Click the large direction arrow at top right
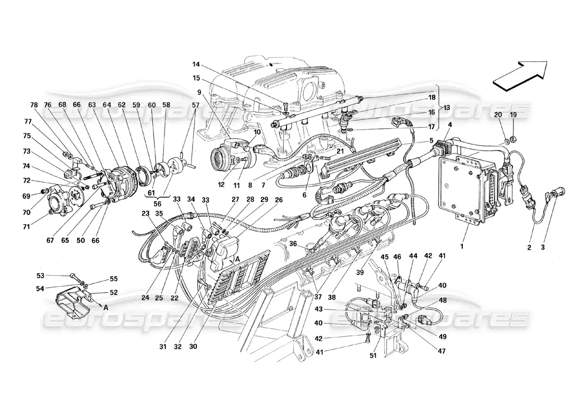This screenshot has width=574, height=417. click(x=519, y=73)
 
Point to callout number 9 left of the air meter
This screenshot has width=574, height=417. click(x=199, y=92)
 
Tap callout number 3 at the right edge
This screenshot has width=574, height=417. click(x=543, y=248)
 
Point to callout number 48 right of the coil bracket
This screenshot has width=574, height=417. click(x=443, y=301)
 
